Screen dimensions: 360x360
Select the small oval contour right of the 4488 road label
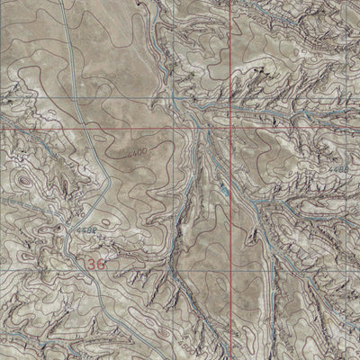[106, 221]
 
